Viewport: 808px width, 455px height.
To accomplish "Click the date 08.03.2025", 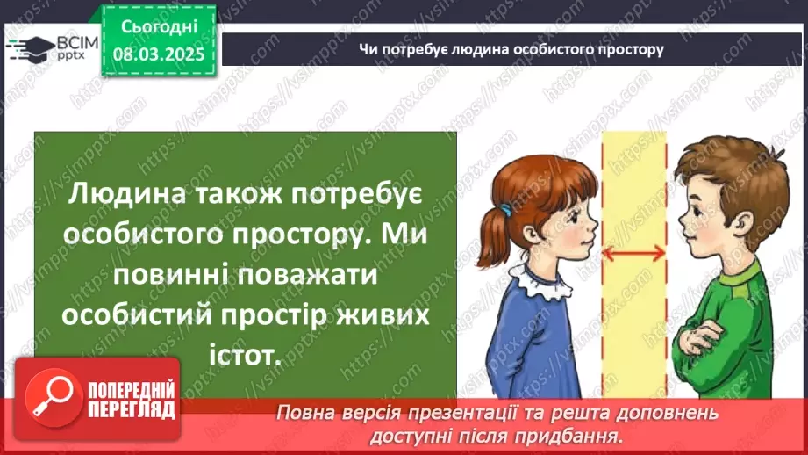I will tap(158, 52).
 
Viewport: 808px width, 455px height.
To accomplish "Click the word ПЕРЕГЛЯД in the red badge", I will tap(132, 408).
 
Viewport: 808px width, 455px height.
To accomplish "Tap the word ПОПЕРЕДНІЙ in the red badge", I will tap(132, 389).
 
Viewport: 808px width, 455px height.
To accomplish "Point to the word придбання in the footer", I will tap(580, 434).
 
